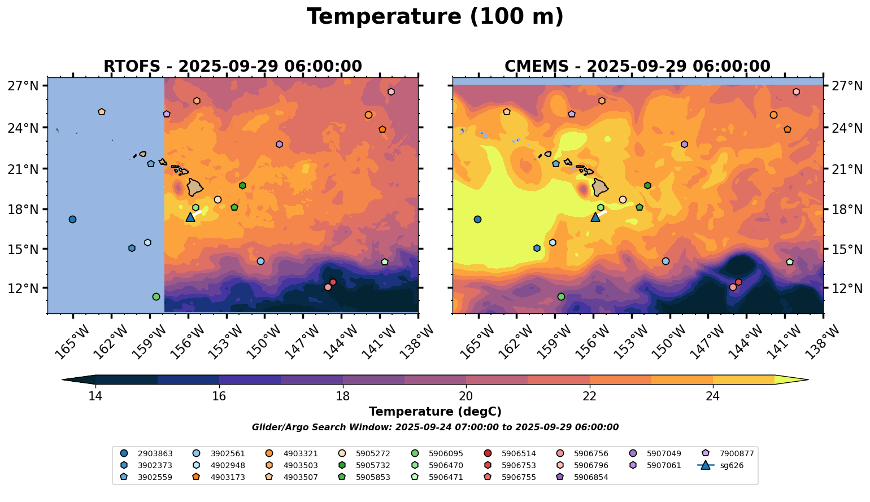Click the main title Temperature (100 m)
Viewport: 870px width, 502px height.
click(x=435, y=17)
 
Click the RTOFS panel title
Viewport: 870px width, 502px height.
click(x=232, y=67)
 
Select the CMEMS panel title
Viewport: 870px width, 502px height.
click(x=637, y=67)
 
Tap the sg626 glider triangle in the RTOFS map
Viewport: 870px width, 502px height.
click(x=190, y=217)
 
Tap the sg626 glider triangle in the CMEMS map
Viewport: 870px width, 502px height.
click(x=595, y=217)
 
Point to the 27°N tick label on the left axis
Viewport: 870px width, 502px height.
click(x=23, y=86)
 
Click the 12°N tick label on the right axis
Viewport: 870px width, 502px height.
click(x=847, y=289)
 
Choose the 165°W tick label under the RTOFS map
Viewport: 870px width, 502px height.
click(x=71, y=341)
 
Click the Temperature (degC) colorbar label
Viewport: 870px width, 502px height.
click(x=435, y=412)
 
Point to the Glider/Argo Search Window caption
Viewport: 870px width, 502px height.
click(x=435, y=427)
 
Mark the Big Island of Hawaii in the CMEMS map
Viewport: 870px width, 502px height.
click(x=599, y=187)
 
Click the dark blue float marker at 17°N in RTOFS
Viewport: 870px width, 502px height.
click(x=72, y=220)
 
